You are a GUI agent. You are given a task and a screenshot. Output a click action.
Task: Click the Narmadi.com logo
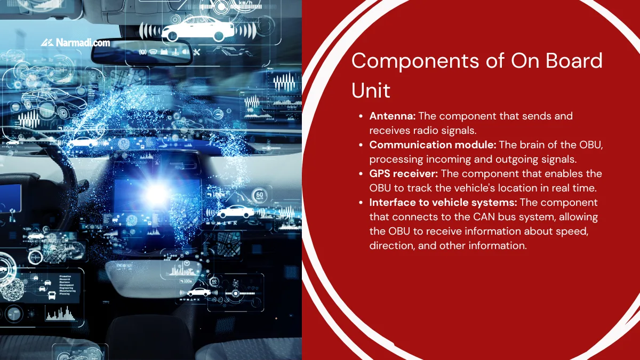[75, 42]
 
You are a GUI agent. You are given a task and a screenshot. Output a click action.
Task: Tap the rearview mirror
[141, 52]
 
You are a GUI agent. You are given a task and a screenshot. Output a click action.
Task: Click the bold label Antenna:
[393, 116]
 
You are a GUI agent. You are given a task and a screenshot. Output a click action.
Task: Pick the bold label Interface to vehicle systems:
[443, 202]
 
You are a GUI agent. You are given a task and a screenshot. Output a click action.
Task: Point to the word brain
[543, 145]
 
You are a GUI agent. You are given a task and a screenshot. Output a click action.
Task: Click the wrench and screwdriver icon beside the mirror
[196, 52]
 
